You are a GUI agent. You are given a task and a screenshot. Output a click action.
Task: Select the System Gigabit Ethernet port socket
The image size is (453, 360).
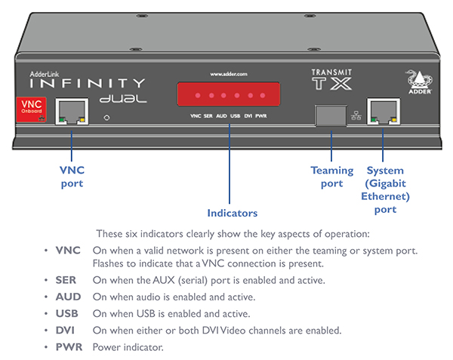click(x=382, y=112)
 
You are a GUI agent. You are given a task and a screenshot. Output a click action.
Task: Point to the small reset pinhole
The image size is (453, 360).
click(x=108, y=118)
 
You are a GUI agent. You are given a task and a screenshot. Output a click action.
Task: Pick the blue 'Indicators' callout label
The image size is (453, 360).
click(x=232, y=213)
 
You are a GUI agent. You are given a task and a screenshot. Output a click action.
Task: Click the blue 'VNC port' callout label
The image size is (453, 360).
click(x=72, y=177)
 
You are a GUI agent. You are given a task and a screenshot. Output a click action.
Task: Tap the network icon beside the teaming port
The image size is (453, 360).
click(x=356, y=115)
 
